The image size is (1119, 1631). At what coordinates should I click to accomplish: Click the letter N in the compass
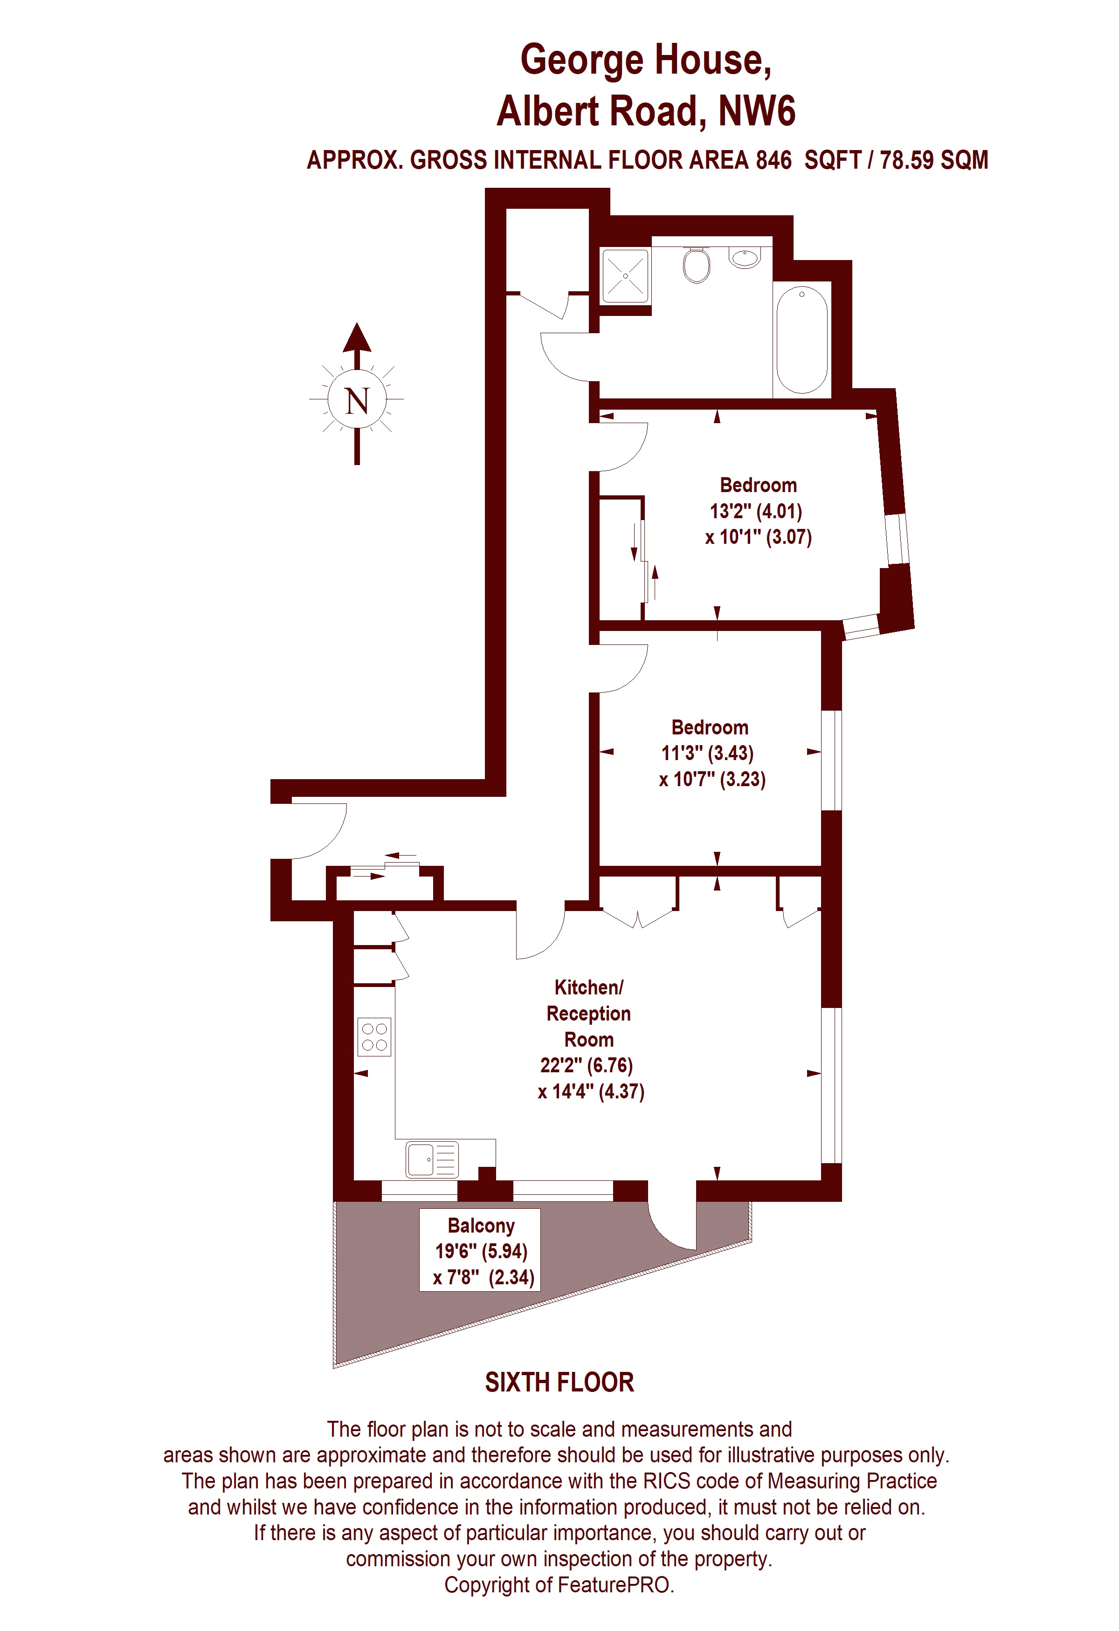[357, 401]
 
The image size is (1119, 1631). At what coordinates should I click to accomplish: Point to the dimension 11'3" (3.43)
[707, 753]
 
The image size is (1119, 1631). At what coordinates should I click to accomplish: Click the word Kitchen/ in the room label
[588, 987]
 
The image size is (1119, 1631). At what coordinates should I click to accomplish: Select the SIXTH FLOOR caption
[559, 1383]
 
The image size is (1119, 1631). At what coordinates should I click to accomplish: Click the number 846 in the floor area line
[773, 160]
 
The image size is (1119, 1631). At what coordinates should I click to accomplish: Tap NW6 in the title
[757, 111]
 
